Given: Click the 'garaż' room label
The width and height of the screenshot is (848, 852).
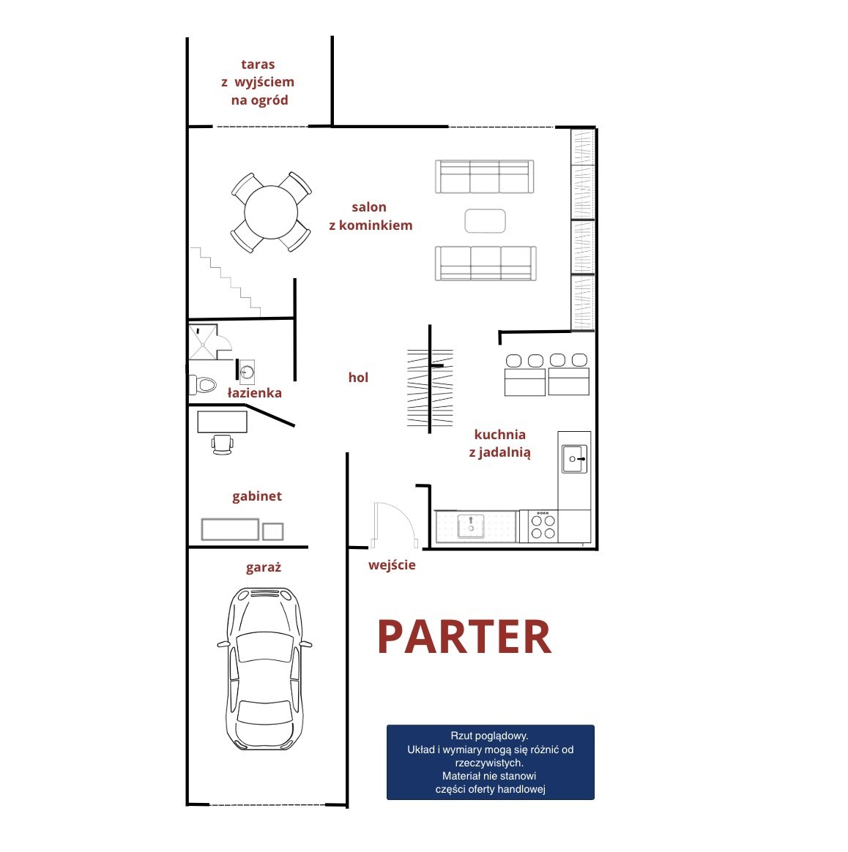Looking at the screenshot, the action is point(263,568).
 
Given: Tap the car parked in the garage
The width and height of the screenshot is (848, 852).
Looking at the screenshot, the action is point(265,669).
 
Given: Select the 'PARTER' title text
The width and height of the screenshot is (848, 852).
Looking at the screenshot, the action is point(465,637).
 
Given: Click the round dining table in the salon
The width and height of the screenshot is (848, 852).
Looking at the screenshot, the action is point(271,212).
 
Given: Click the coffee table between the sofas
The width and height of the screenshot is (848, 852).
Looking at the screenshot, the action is point(485,221).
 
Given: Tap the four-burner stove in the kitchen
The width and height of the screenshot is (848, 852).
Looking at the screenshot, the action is point(543,526).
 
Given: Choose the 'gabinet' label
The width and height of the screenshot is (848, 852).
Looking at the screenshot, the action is point(257,496).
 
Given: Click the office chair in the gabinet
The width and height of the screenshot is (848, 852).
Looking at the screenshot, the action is point(223,444).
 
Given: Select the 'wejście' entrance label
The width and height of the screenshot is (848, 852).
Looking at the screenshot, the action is point(392,565).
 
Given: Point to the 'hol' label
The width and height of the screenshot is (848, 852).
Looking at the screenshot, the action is point(358,377).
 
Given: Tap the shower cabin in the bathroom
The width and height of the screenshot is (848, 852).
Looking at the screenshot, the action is point(203,343).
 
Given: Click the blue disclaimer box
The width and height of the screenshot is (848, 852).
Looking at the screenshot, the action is point(491,762).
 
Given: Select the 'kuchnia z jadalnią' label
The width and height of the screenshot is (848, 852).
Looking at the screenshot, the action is point(500,444).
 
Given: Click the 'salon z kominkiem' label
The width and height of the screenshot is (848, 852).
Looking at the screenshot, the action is point(371,216).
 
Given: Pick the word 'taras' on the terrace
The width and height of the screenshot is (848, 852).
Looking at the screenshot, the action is point(258,64).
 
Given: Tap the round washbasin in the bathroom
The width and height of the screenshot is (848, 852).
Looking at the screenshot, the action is point(248,373).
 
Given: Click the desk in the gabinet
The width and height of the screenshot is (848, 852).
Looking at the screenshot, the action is point(223,422).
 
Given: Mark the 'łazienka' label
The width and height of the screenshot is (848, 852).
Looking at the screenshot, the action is point(254,393).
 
